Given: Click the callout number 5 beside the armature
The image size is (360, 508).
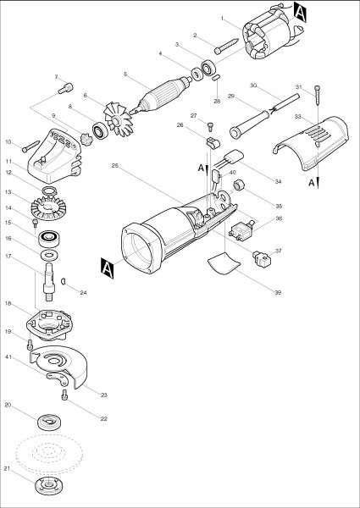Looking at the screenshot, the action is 125,75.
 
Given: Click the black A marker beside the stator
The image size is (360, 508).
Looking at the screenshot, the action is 300,12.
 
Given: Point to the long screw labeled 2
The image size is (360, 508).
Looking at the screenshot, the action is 226,46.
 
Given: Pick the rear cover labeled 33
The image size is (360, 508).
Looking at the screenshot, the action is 310,143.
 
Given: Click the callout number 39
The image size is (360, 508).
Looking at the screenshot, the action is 278,292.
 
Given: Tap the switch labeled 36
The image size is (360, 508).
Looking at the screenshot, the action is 241,231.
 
